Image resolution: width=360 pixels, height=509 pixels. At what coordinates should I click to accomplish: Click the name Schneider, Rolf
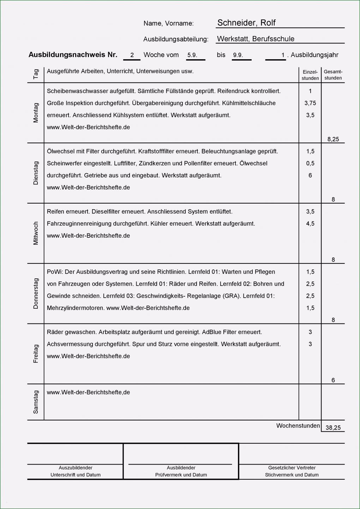pyautogui.click(x=246, y=23)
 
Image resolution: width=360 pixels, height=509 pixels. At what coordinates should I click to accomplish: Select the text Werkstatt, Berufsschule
pyautogui.click(x=256, y=39)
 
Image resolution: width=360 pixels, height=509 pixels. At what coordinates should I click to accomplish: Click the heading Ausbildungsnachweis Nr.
pyautogui.click(x=73, y=55)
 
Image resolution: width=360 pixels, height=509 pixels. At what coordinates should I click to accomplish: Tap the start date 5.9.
pyautogui.click(x=192, y=55)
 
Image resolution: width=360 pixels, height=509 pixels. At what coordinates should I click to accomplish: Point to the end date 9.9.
pyautogui.click(x=238, y=55)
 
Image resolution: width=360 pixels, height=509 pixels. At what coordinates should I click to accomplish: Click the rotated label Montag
pyautogui.click(x=36, y=113)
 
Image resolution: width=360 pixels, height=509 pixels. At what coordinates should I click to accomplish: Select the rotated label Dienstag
pyautogui.click(x=36, y=173)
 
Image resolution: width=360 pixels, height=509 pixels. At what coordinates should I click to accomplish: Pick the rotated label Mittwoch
pyautogui.click(x=36, y=233)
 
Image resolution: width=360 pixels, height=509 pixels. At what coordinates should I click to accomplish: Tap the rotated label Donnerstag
pyautogui.click(x=36, y=293)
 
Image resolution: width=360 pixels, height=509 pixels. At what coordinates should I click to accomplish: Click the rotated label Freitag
pyautogui.click(x=36, y=353)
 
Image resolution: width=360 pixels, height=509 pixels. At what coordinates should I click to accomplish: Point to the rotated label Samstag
pyautogui.click(x=36, y=402)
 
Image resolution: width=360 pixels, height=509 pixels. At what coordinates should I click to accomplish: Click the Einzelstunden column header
pyautogui.click(x=310, y=75)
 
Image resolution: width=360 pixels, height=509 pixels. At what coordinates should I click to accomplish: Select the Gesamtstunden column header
pyautogui.click(x=333, y=75)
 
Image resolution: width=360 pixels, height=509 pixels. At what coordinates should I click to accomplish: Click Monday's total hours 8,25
pyautogui.click(x=333, y=139)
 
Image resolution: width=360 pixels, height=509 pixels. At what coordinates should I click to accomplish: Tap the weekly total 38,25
pyautogui.click(x=333, y=428)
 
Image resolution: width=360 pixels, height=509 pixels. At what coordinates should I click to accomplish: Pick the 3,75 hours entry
pyautogui.click(x=310, y=103)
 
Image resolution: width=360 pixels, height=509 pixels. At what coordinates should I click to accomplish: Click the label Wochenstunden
pyautogui.click(x=298, y=426)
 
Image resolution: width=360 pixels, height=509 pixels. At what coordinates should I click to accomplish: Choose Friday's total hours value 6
pyautogui.click(x=333, y=380)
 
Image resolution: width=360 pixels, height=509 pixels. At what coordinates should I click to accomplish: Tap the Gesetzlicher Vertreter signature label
pyautogui.click(x=292, y=468)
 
